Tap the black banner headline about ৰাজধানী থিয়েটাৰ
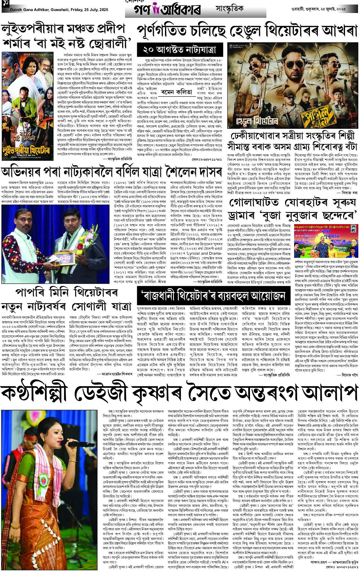[x=214, y=296]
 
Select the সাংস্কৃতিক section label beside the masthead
[x=229, y=9]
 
